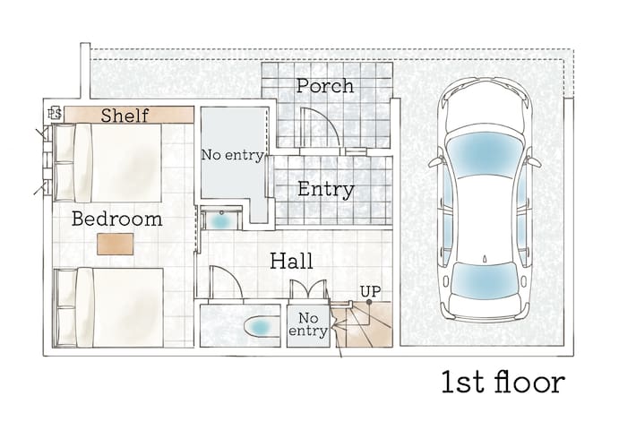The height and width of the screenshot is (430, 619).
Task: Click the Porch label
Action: pos(325,86)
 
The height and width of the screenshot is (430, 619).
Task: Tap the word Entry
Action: pos(326,190)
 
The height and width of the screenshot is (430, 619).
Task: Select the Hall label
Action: pos(291,261)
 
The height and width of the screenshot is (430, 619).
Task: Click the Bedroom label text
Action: pos(116,219)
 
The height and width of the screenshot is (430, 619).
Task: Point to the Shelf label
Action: pos(125,116)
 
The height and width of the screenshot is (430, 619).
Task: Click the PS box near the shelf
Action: pos(55,114)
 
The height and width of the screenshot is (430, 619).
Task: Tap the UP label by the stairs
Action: pos(371,292)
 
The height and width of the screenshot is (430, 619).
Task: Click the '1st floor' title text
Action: pos(503,383)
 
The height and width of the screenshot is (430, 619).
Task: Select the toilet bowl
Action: pos(258,327)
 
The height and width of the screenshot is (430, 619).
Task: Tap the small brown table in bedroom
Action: pos(116,244)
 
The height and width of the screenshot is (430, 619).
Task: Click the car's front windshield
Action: pos(485,154)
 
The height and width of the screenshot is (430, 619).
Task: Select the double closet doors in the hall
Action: pos(309,289)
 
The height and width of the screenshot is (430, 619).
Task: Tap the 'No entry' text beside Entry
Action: pos(233,155)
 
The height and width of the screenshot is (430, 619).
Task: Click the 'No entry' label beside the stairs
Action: pos(308,324)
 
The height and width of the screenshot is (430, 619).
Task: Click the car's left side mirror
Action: pos(436,162)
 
